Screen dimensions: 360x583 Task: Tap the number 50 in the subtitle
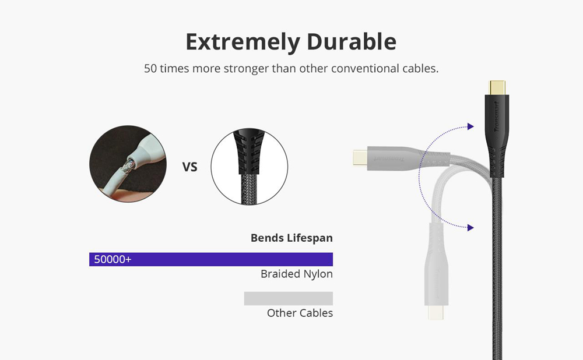(150, 68)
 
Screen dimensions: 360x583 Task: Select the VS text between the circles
(190, 167)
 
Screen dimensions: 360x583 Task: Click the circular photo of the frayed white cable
(127, 164)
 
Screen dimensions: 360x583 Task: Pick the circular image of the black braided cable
(249, 167)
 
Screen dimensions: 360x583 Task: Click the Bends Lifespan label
(291, 238)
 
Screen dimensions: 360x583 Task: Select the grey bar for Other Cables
(288, 298)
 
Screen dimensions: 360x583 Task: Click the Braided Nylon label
(297, 274)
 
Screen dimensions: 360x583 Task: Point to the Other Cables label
(300, 313)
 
